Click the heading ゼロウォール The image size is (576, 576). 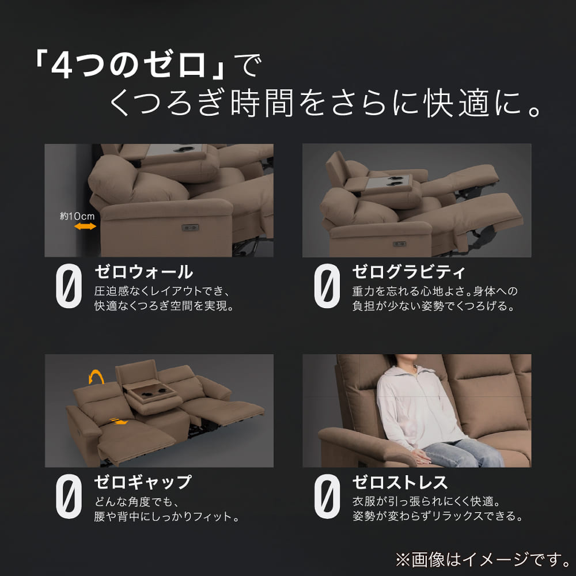(143, 272)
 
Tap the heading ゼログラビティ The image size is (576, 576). (409, 272)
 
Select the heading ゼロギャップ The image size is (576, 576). (143, 482)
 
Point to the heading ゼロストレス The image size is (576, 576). (400, 482)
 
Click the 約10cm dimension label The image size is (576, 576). (77, 217)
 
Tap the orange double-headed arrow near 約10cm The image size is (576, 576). (85, 226)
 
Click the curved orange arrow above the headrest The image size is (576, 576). (96, 377)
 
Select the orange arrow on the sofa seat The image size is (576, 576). (119, 421)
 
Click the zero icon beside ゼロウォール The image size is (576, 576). (69, 286)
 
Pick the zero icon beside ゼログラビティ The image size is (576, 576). (327, 286)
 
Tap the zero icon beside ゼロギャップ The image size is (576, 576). (69, 497)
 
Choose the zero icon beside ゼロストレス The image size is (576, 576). (327, 497)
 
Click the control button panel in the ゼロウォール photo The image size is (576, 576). (190, 228)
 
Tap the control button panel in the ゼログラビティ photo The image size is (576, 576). (399, 244)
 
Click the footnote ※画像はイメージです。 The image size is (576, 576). (483, 559)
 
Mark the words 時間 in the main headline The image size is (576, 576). (262, 103)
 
